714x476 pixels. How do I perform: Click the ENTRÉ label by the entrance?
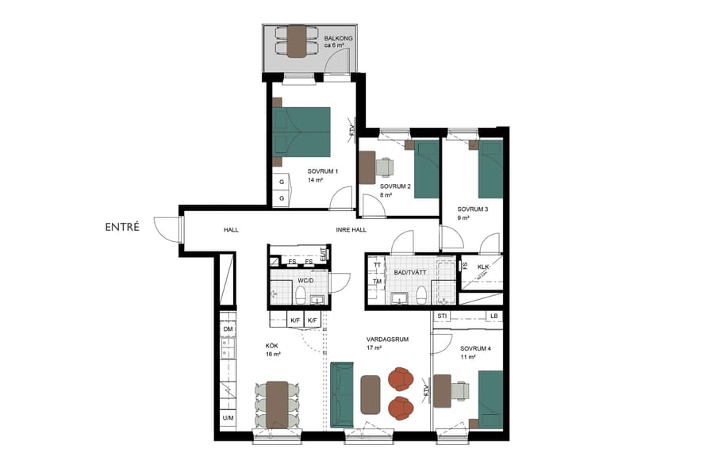tap(122, 227)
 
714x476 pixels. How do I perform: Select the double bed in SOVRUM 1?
tap(302, 132)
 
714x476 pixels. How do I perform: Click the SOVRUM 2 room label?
tap(394, 186)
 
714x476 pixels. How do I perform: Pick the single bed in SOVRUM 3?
tap(490, 169)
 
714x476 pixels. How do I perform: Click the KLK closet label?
tap(482, 266)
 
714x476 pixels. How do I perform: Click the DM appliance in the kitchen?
tap(228, 329)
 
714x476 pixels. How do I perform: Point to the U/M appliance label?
tap(228, 418)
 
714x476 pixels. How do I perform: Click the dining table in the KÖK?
tap(277, 405)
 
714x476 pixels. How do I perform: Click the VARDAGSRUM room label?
tap(387, 339)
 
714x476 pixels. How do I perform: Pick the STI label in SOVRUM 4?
tap(443, 317)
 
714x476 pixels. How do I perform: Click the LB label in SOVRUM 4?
tap(493, 317)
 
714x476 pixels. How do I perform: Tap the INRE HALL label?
tap(351, 230)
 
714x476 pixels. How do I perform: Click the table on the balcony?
tap(296, 40)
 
